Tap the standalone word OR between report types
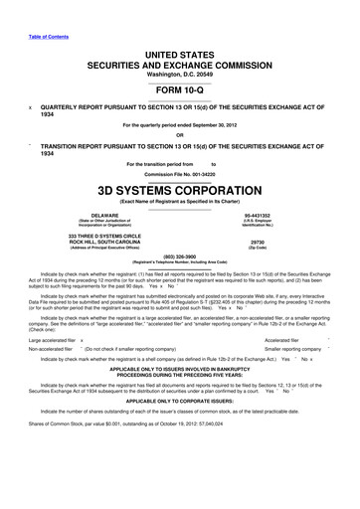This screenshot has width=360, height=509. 180,137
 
